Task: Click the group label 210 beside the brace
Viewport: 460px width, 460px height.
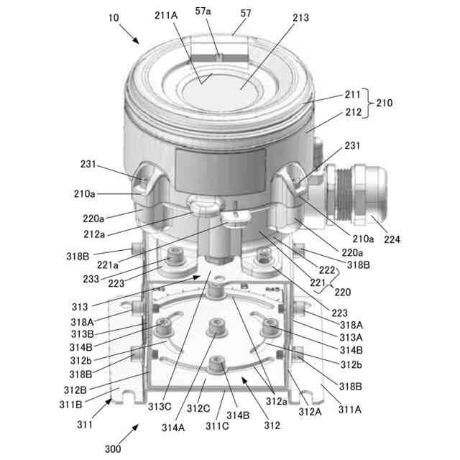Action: pyautogui.click(x=385, y=103)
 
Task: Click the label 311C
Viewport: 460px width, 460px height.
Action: pyautogui.click(x=218, y=426)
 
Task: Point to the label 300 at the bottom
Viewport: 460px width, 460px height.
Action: pyautogui.click(x=113, y=449)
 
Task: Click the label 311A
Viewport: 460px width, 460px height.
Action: pyautogui.click(x=350, y=410)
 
